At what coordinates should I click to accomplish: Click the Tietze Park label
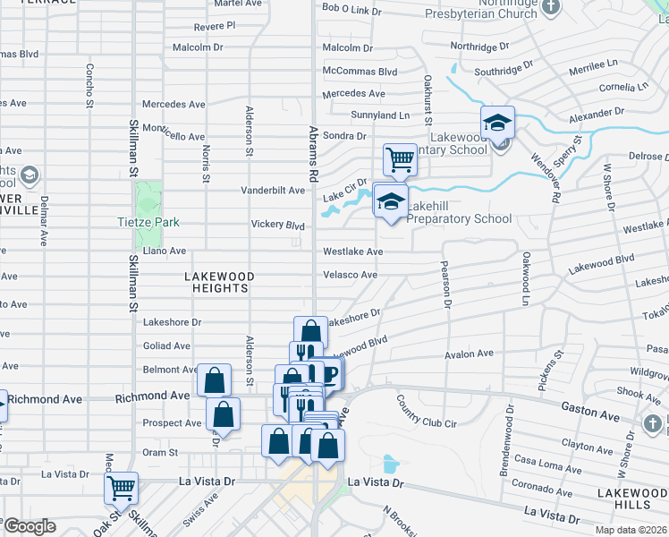tap(148, 222)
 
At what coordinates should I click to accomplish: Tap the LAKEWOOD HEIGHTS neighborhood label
tap(219, 282)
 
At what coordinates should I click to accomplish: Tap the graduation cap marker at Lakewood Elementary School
tap(497, 122)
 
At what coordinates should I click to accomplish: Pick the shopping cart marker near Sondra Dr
tap(400, 160)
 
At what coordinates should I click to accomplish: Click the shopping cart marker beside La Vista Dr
tap(121, 488)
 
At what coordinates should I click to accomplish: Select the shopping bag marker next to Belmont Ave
tap(215, 379)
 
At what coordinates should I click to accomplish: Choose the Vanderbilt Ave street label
tap(274, 191)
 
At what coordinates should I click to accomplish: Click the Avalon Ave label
tap(469, 354)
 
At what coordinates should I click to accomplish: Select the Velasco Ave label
tap(350, 275)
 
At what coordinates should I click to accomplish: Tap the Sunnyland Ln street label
tap(380, 115)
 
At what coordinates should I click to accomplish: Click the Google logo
tap(29, 526)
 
